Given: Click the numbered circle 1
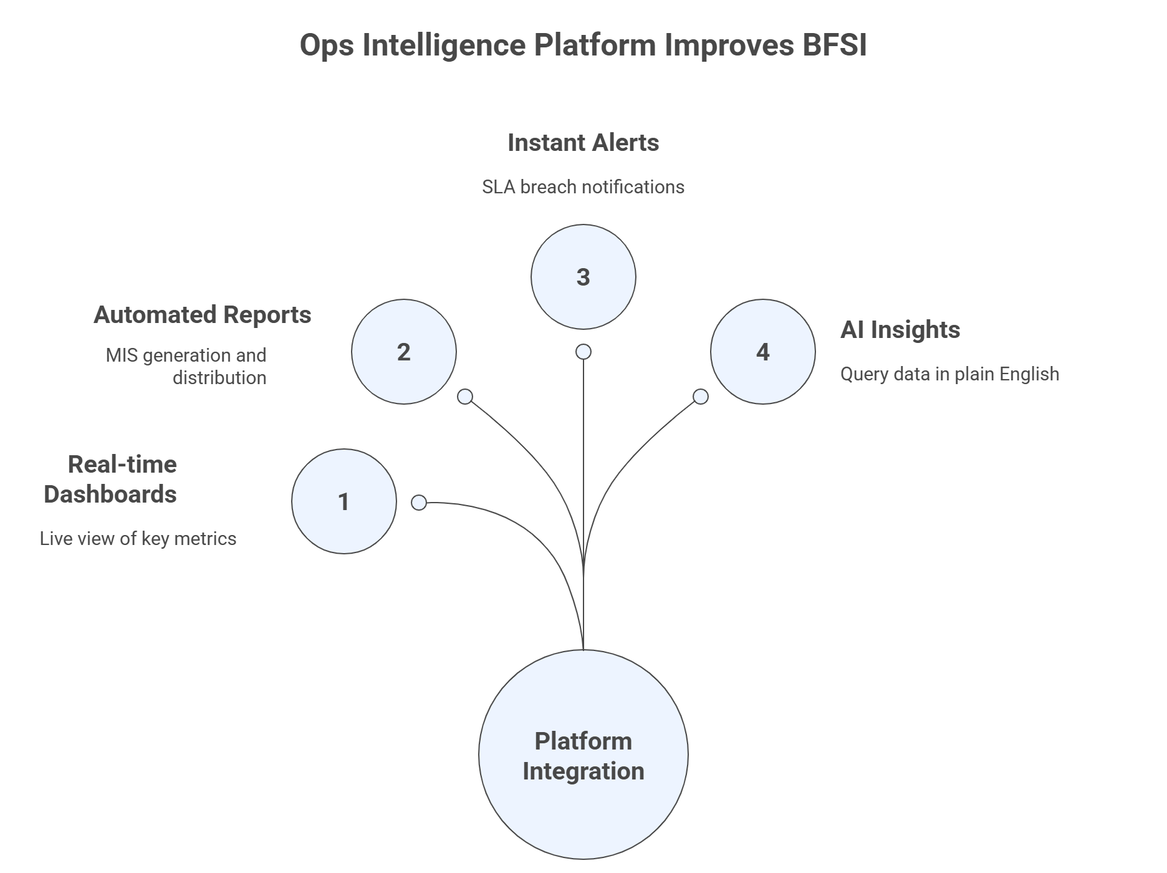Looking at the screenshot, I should [343, 501].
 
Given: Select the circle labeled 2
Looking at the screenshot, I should [403, 352].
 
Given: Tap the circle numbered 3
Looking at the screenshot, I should [583, 277].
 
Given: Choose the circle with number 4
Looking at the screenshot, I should [762, 352].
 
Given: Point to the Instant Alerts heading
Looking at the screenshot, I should [583, 143].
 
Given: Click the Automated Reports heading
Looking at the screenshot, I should [202, 315].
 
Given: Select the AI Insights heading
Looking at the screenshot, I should [900, 330].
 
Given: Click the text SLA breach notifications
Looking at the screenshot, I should [583, 186].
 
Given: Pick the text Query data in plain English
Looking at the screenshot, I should [949, 374].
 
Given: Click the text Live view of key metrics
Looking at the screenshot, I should [138, 539].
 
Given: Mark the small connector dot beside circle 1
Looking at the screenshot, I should [419, 503].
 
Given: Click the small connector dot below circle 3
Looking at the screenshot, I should [583, 352].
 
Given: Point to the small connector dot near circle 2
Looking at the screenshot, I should [465, 397].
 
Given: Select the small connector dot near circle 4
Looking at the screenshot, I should [701, 397].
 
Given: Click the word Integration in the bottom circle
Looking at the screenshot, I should [583, 771].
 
